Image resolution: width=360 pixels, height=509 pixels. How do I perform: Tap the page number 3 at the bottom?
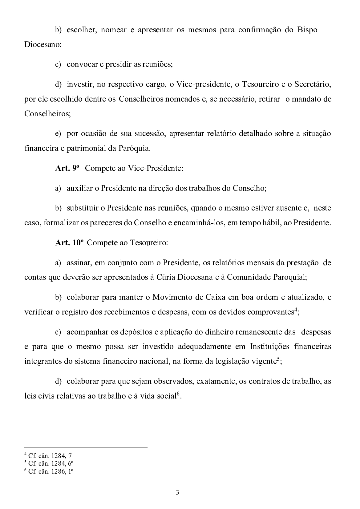coord(177,492)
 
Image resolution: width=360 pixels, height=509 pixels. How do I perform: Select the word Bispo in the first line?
coord(307,30)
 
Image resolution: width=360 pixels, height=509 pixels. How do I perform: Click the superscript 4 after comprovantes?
coord(295,310)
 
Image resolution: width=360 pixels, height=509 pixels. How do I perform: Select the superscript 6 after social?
coord(178,394)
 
